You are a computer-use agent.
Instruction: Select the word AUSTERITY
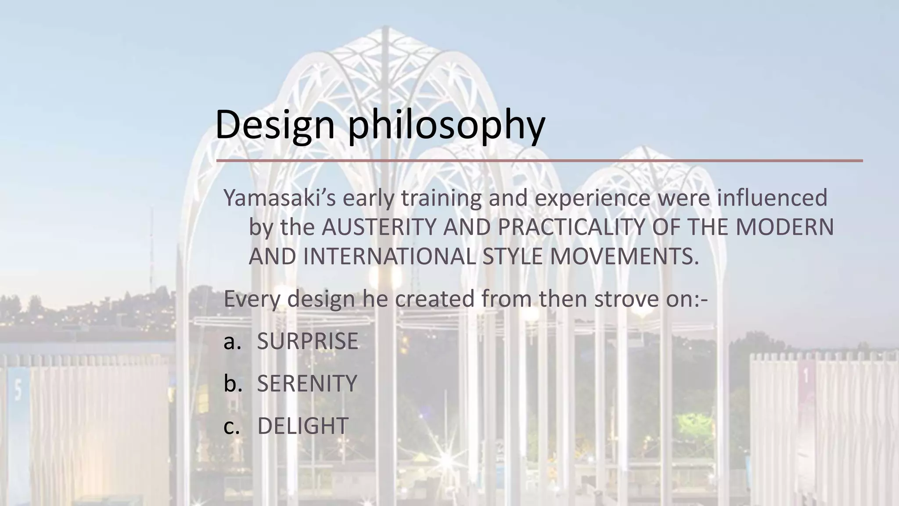379,228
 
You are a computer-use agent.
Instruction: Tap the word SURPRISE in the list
307,341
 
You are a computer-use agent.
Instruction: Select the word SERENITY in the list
307,383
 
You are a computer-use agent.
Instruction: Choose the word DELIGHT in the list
302,426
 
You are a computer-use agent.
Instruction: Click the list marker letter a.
232,342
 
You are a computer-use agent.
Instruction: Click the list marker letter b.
232,383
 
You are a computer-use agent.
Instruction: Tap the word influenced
772,198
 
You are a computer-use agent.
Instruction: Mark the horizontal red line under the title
539,161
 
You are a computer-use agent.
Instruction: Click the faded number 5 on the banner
18,390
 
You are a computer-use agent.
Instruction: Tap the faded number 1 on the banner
806,376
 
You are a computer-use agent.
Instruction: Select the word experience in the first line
592,199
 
